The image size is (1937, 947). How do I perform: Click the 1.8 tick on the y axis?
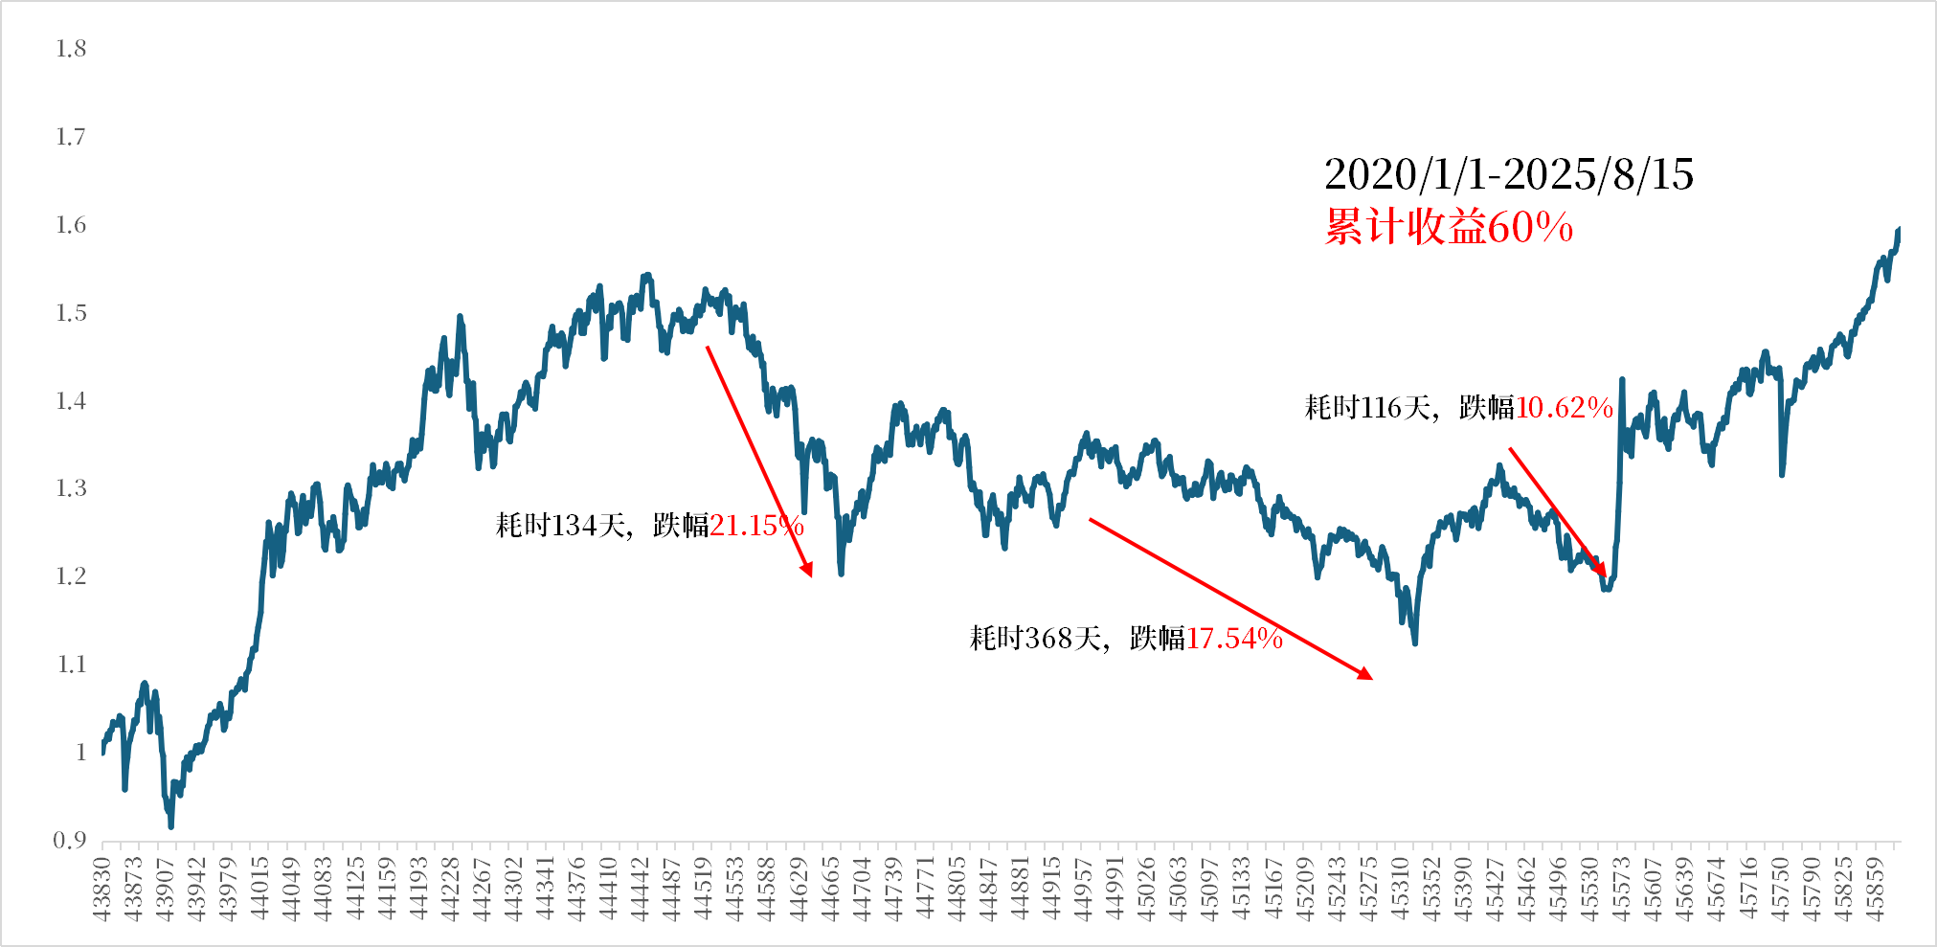pyautogui.click(x=71, y=49)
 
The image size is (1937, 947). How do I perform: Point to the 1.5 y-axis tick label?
pyautogui.click(x=71, y=313)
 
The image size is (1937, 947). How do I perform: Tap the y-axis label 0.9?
pyautogui.click(x=70, y=841)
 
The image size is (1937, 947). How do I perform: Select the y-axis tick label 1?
pyautogui.click(x=80, y=753)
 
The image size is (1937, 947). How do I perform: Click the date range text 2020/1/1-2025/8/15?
pyautogui.click(x=1508, y=174)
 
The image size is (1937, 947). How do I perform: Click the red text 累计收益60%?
pyautogui.click(x=1449, y=228)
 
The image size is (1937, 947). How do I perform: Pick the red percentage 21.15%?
pyautogui.click(x=756, y=526)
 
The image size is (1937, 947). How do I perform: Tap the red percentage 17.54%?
pyautogui.click(x=1234, y=639)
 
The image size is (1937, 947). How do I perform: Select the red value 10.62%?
pyautogui.click(x=1565, y=408)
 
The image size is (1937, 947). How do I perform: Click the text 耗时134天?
pyautogui.click(x=560, y=526)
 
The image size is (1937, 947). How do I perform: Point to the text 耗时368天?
pyautogui.click(x=1035, y=639)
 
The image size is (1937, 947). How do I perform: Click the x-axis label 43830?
pyautogui.click(x=102, y=890)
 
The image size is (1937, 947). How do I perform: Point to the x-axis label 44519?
pyautogui.click(x=703, y=890)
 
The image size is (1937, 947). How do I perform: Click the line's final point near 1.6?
pyautogui.click(x=1899, y=230)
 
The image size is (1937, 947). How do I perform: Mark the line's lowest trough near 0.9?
pyautogui.click(x=171, y=825)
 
